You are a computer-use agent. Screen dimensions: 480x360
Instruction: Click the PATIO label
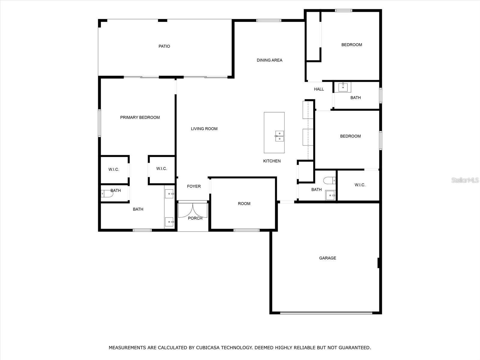tap(164, 46)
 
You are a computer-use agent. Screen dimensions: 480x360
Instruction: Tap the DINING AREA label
tap(269, 60)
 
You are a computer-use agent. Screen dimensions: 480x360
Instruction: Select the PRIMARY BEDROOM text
tap(140, 118)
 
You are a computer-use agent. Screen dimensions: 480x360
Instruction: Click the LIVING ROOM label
tap(204, 129)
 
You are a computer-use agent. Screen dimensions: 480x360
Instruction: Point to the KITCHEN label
tap(272, 161)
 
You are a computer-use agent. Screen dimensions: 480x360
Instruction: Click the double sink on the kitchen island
tap(279, 136)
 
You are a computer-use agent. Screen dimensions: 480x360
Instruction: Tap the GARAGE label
tap(328, 258)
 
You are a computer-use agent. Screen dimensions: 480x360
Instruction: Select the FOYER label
tap(194, 186)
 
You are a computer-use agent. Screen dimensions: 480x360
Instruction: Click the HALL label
tap(319, 89)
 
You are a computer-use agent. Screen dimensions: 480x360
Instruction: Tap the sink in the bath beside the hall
tap(343, 87)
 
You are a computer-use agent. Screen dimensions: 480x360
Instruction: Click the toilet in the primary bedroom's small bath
tap(107, 194)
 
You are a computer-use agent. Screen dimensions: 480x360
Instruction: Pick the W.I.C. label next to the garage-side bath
tap(360, 185)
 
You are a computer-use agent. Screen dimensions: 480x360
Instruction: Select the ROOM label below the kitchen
tap(244, 204)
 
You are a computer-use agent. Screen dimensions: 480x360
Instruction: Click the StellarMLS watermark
tap(465, 180)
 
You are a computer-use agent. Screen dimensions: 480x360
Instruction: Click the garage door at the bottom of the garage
tap(326, 313)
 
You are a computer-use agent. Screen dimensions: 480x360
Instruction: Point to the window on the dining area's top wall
tap(268, 20)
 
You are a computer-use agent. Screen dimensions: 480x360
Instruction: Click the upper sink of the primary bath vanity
tap(169, 194)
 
